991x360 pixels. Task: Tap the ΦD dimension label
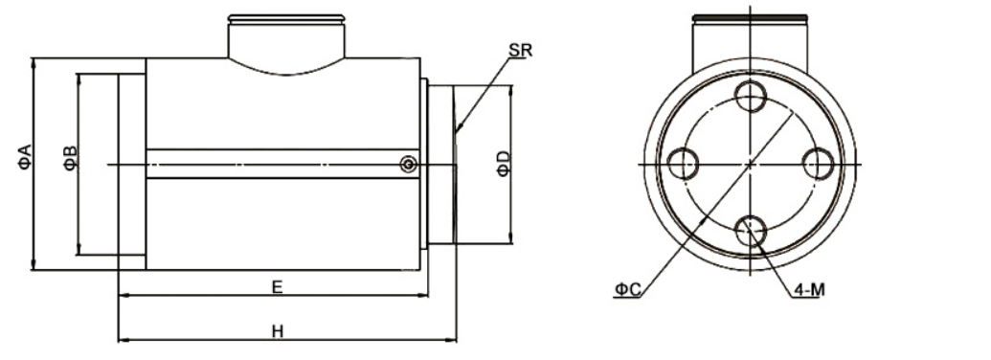504,163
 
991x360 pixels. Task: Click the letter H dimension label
277,330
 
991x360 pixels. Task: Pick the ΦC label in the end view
627,287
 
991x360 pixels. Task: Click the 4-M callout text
805,287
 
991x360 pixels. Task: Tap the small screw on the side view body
409,166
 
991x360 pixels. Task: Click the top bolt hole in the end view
750,97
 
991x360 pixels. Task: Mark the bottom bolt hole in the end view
750,230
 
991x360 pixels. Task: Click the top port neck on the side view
285,38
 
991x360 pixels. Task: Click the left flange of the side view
131,166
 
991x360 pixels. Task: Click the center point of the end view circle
750,164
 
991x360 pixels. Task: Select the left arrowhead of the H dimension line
122,339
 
